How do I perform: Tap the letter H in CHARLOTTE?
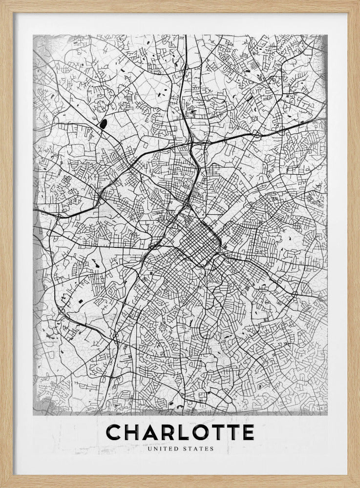pos(132,432)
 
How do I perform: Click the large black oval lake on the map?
pos(104,124)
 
